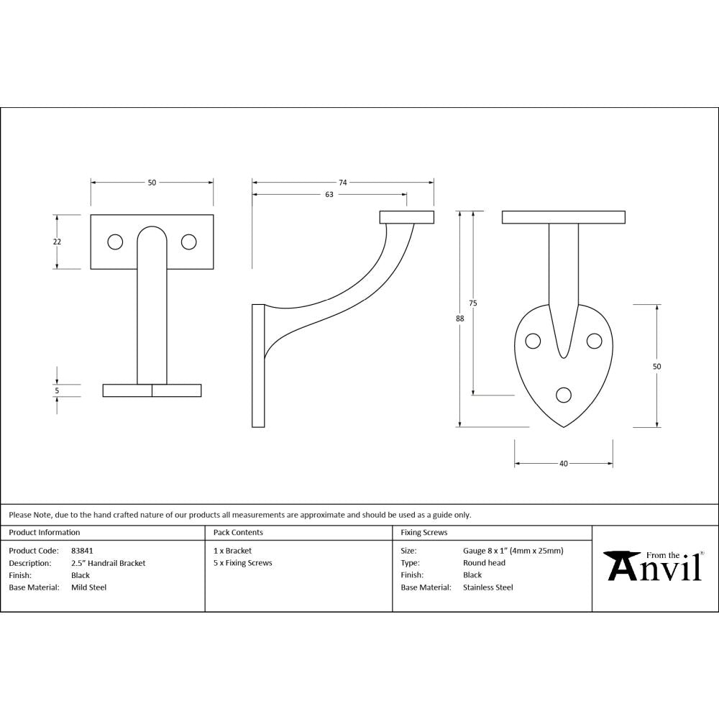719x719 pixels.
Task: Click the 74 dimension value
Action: pyautogui.click(x=343, y=183)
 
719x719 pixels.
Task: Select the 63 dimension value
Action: pyautogui.click(x=329, y=195)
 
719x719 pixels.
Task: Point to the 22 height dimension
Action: pyautogui.click(x=57, y=242)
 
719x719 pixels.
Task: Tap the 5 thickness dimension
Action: pyautogui.click(x=57, y=390)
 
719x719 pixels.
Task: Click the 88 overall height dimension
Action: pyautogui.click(x=460, y=319)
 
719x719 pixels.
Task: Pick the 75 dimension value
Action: pyautogui.click(x=472, y=303)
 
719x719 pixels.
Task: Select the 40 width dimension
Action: pyautogui.click(x=563, y=464)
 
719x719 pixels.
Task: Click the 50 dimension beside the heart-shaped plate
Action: pyautogui.click(x=656, y=367)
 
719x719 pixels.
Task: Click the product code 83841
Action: pyautogui.click(x=82, y=551)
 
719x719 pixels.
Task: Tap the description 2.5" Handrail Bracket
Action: pyautogui.click(x=108, y=563)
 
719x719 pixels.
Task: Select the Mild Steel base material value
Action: pyautogui.click(x=88, y=587)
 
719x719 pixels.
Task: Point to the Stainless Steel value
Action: pyautogui.click(x=487, y=587)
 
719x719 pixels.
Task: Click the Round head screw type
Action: pyautogui.click(x=484, y=563)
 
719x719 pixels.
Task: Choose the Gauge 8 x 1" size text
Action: pyautogui.click(x=513, y=551)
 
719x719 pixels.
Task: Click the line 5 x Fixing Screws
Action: pyautogui.click(x=243, y=563)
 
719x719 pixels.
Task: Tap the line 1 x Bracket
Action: pyautogui.click(x=232, y=551)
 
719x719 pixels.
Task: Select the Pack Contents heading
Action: pyautogui.click(x=238, y=533)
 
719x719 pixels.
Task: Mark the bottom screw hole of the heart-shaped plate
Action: pyautogui.click(x=564, y=394)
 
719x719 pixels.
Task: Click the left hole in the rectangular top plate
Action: pyautogui.click(x=115, y=242)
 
